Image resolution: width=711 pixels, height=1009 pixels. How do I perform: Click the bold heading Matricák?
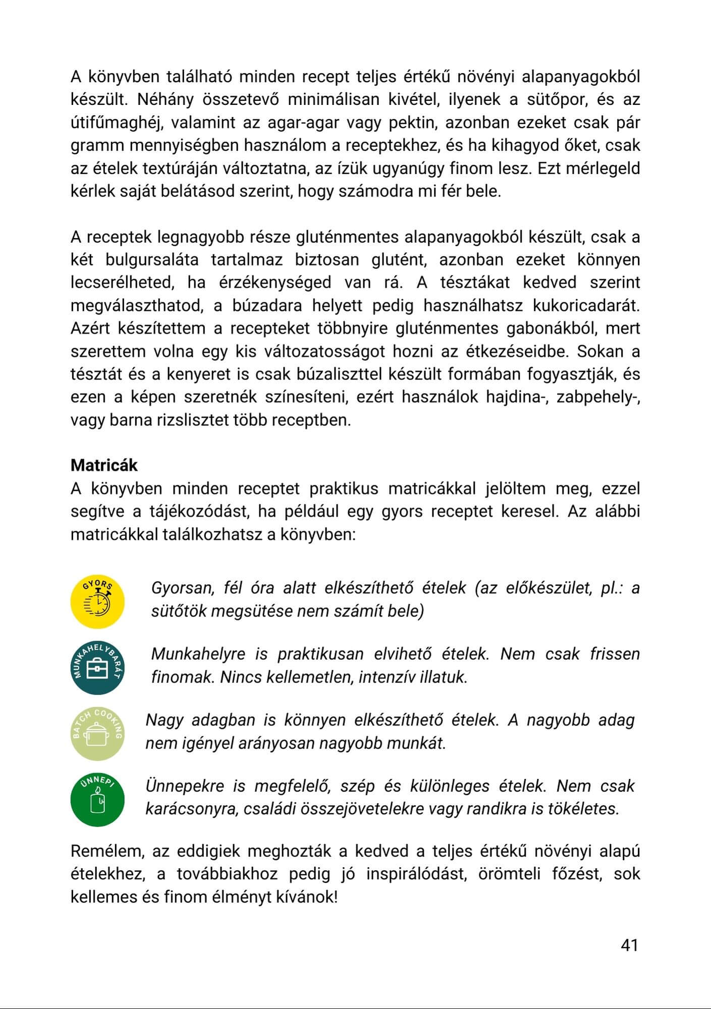pyautogui.click(x=104, y=465)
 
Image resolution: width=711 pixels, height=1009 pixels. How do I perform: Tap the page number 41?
pyautogui.click(x=629, y=945)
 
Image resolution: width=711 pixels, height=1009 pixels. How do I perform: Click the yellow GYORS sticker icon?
pyautogui.click(x=97, y=601)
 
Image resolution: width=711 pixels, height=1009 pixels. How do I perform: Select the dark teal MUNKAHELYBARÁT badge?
pyautogui.click(x=97, y=667)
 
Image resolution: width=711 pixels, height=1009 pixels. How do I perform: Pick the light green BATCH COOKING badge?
pyautogui.click(x=97, y=734)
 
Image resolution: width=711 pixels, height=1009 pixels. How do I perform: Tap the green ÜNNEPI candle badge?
pyautogui.click(x=97, y=800)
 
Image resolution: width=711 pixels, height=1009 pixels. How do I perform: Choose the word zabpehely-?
pyautogui.click(x=598, y=398)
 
